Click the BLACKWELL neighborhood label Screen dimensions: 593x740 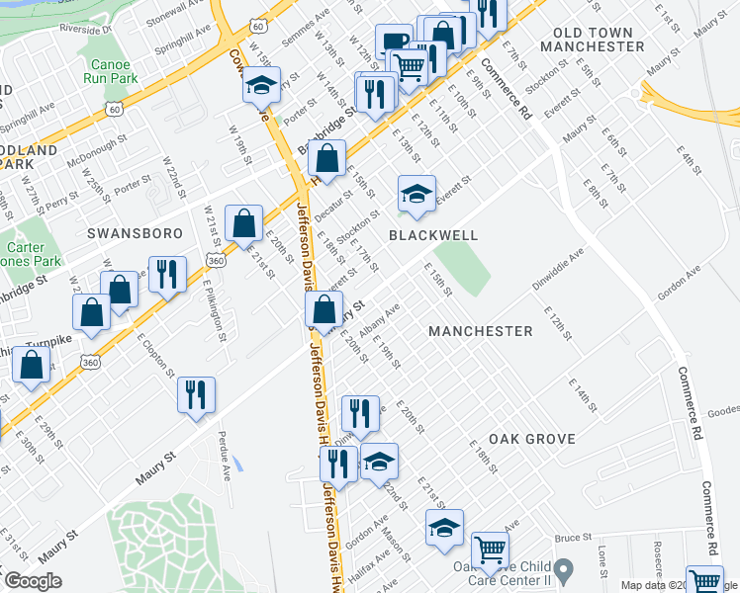click(433, 235)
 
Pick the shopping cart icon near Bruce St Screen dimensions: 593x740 click(490, 550)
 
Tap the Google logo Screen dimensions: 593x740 click(32, 581)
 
